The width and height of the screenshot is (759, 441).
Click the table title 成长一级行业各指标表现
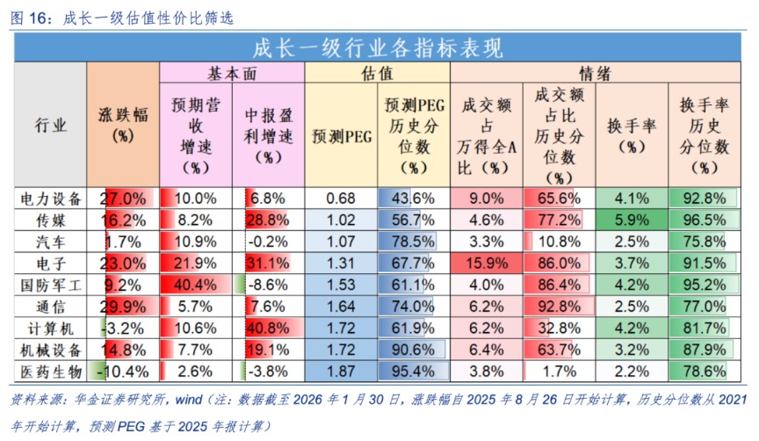coord(379,47)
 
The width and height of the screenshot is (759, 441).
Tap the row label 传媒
coord(51,220)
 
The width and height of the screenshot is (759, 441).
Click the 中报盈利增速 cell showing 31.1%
coord(267,263)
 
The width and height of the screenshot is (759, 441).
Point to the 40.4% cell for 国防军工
coord(195,285)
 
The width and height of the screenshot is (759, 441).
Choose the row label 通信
coord(51,307)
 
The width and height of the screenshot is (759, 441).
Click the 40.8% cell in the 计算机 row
coord(267,328)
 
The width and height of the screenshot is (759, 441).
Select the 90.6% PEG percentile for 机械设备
coord(413,350)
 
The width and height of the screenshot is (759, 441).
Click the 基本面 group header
coord(231,74)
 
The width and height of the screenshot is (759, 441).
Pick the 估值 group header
coord(377,74)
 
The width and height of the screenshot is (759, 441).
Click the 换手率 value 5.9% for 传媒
coord(631,220)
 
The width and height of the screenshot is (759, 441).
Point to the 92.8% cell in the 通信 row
coord(558,307)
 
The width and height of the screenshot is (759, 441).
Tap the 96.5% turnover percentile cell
coord(703,220)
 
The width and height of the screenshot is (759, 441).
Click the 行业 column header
coord(51,126)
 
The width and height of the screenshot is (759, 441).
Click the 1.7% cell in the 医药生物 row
coord(558,372)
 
